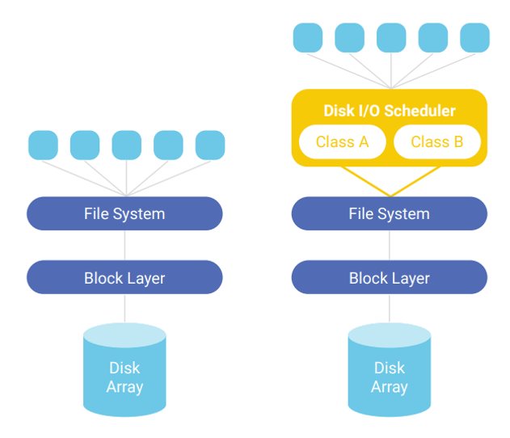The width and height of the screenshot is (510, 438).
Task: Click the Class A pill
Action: coord(342,141)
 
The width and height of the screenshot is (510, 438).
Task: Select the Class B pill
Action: coord(437,141)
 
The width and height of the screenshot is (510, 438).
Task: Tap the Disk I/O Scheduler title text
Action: coord(390,111)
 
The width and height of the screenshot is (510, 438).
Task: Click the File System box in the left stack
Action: coord(124,213)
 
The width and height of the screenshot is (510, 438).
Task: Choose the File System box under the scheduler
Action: coord(390,213)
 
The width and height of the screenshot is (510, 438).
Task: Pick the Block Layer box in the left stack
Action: coord(124,277)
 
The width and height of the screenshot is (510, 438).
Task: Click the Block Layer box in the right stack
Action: coord(390,277)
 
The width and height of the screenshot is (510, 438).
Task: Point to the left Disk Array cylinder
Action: coord(124,370)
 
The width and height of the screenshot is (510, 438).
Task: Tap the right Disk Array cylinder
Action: coord(390,370)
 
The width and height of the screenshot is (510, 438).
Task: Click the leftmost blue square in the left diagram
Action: coord(44,145)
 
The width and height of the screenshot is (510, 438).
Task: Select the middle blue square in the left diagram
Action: coord(127,145)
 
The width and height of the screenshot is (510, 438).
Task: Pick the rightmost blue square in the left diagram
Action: coord(210,145)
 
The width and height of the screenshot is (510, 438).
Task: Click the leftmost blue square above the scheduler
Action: coord(308,38)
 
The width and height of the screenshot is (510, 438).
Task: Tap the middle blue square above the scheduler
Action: coord(391,38)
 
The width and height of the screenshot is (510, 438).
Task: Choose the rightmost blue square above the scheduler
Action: coord(475,38)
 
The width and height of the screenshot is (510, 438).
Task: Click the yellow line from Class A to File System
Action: coord(365,182)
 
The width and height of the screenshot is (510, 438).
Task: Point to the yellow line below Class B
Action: coord(415,182)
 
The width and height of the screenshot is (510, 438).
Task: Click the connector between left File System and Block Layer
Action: coord(124,246)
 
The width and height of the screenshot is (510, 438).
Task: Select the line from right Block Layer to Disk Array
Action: coord(390,309)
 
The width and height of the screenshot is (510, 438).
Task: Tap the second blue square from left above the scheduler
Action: coord(350,38)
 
